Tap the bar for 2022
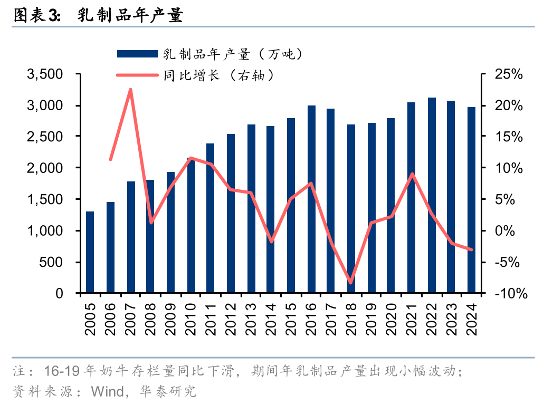[x=432, y=195]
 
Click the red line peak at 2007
[x=130, y=90]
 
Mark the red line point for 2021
[x=412, y=174]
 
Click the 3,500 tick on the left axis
[x=49, y=74]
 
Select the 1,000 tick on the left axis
[x=49, y=231]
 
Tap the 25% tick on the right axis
[x=509, y=74]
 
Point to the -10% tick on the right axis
[x=509, y=294]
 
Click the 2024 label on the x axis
[x=471, y=320]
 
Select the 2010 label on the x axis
[x=190, y=320]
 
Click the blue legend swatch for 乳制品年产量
[x=137, y=54]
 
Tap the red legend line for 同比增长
[x=137, y=75]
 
